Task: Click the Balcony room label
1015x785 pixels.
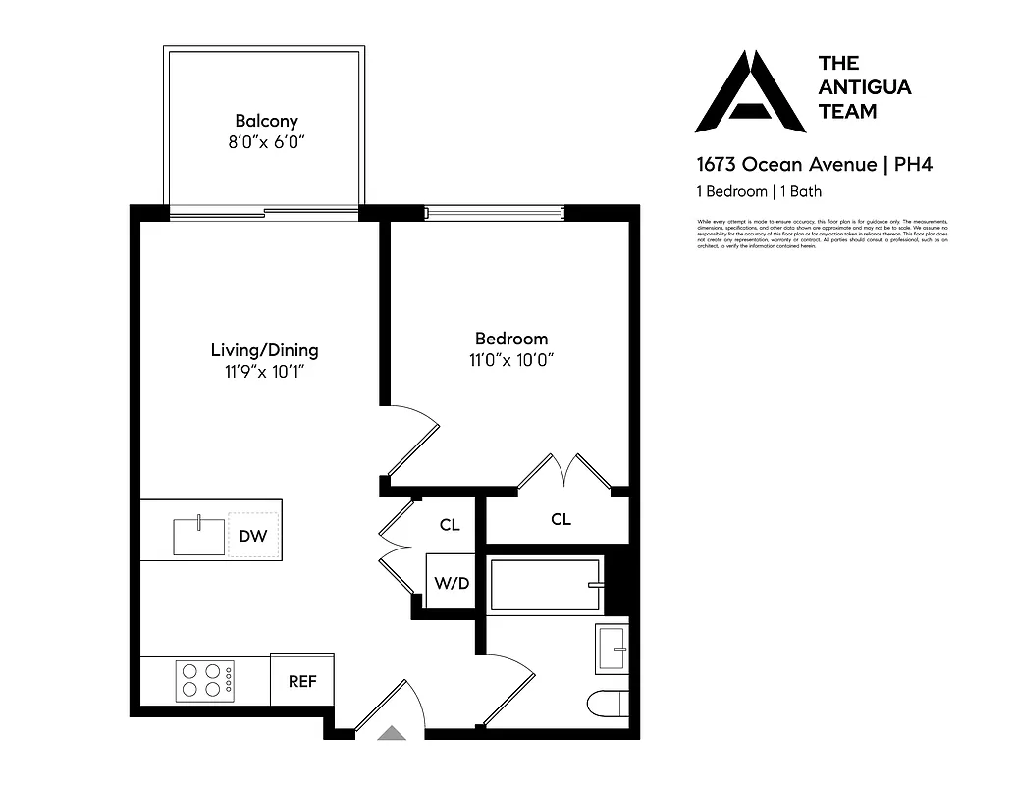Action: [x=266, y=121]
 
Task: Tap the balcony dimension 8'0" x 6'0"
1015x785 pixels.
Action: [x=266, y=142]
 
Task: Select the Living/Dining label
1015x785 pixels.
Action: [x=264, y=349]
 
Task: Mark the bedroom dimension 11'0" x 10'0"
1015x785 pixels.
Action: [x=511, y=360]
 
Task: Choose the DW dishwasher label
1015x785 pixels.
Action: [x=252, y=536]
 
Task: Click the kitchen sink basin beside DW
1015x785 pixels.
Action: [x=199, y=536]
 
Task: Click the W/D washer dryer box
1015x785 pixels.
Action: [x=452, y=583]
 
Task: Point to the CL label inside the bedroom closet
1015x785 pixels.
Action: [x=561, y=519]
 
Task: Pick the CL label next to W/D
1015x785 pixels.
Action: [x=450, y=525]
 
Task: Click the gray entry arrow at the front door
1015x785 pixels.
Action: [x=392, y=732]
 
